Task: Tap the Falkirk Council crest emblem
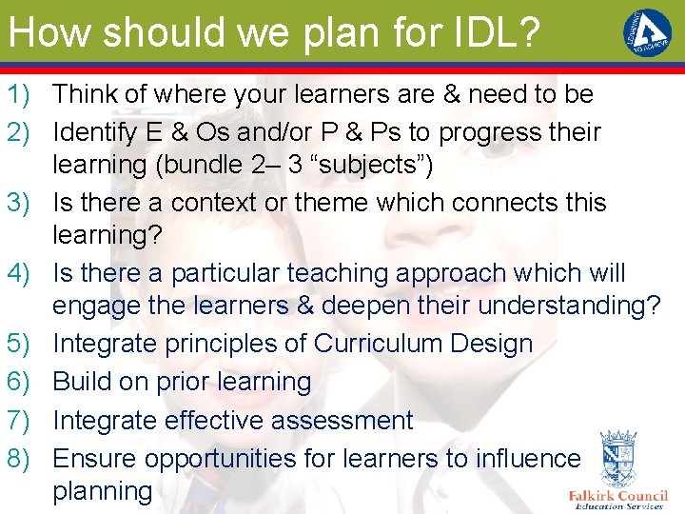coord(619,459)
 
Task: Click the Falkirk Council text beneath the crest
coord(617,495)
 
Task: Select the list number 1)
coord(22,94)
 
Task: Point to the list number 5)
coord(22,344)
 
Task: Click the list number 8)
coord(22,459)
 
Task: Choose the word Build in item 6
coord(82,382)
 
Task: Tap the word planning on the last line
coord(103,492)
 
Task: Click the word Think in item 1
coord(86,94)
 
